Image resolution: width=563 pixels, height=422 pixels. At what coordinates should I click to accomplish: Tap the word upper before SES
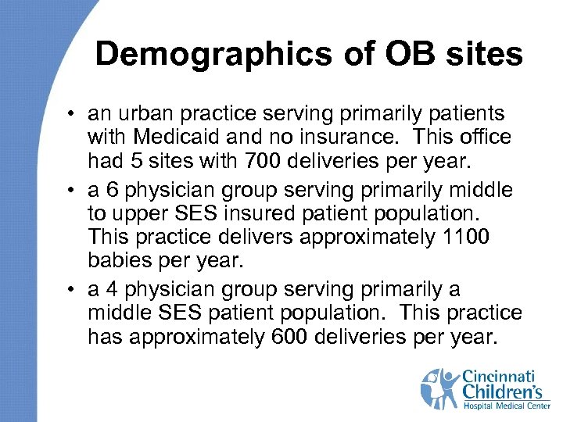pos(140,213)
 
